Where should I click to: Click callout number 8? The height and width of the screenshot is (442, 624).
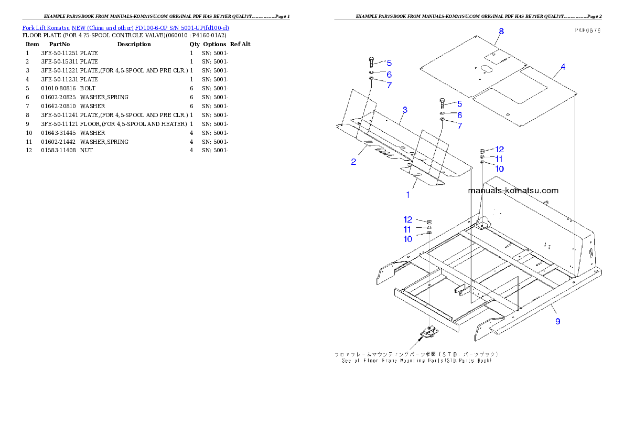pyautogui.click(x=501, y=32)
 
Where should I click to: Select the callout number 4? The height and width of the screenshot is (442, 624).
pyautogui.click(x=563, y=67)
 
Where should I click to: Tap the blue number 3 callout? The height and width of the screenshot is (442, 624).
pyautogui.click(x=405, y=110)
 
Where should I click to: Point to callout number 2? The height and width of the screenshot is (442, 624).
pyautogui.click(x=354, y=162)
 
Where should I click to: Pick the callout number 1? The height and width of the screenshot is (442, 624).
pyautogui.click(x=408, y=195)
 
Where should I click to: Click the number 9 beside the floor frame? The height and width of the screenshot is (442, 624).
pyautogui.click(x=558, y=321)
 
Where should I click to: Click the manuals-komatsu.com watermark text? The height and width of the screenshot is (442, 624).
pyautogui.click(x=513, y=191)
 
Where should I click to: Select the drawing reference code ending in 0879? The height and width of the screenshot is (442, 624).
pyautogui.click(x=587, y=30)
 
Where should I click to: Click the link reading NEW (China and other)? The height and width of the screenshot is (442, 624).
pyautogui.click(x=102, y=27)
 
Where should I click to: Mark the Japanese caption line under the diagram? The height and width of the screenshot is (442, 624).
pyautogui.click(x=416, y=354)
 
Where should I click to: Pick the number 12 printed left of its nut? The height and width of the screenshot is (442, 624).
pyautogui.click(x=408, y=220)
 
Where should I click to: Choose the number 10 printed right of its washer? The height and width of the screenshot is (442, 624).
pyautogui.click(x=499, y=169)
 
